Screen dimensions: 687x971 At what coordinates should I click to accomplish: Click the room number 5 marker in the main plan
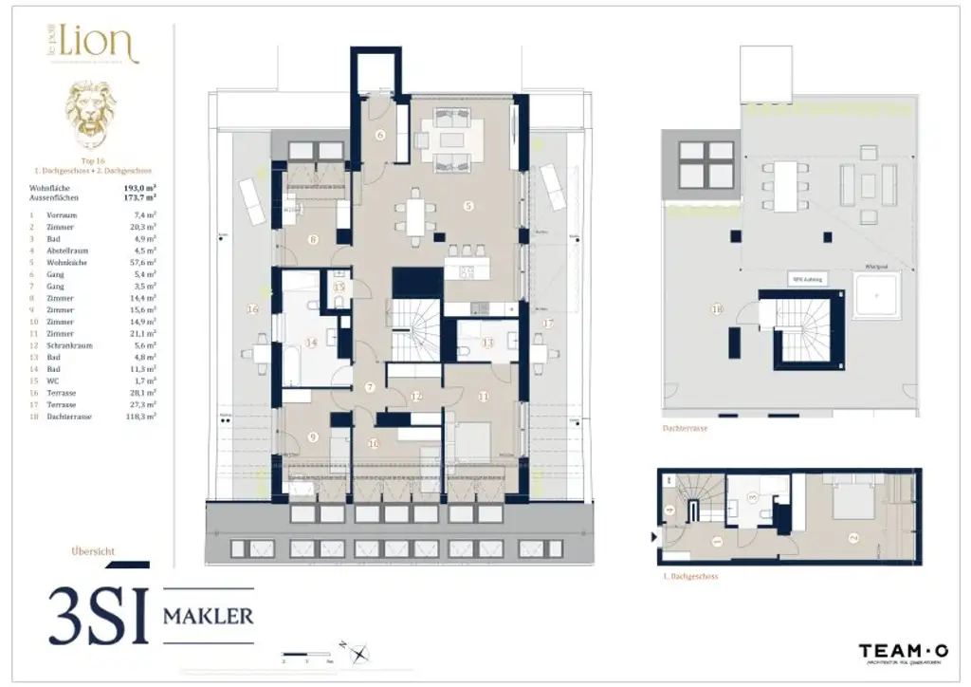[x=467, y=205]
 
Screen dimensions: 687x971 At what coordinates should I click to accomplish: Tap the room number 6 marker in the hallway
[x=380, y=135]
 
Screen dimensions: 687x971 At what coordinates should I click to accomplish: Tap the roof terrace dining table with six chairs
[x=785, y=186]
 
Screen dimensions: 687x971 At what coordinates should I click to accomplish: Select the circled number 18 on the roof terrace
[x=716, y=309]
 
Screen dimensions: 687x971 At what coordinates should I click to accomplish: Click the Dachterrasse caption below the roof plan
[x=685, y=428]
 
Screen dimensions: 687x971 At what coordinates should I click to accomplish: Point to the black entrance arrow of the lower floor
[x=655, y=536]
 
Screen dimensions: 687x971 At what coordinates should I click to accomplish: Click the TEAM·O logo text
[x=903, y=651]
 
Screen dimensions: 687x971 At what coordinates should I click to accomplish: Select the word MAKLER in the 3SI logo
[x=209, y=616]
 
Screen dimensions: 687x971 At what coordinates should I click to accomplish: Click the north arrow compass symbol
[x=360, y=653]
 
